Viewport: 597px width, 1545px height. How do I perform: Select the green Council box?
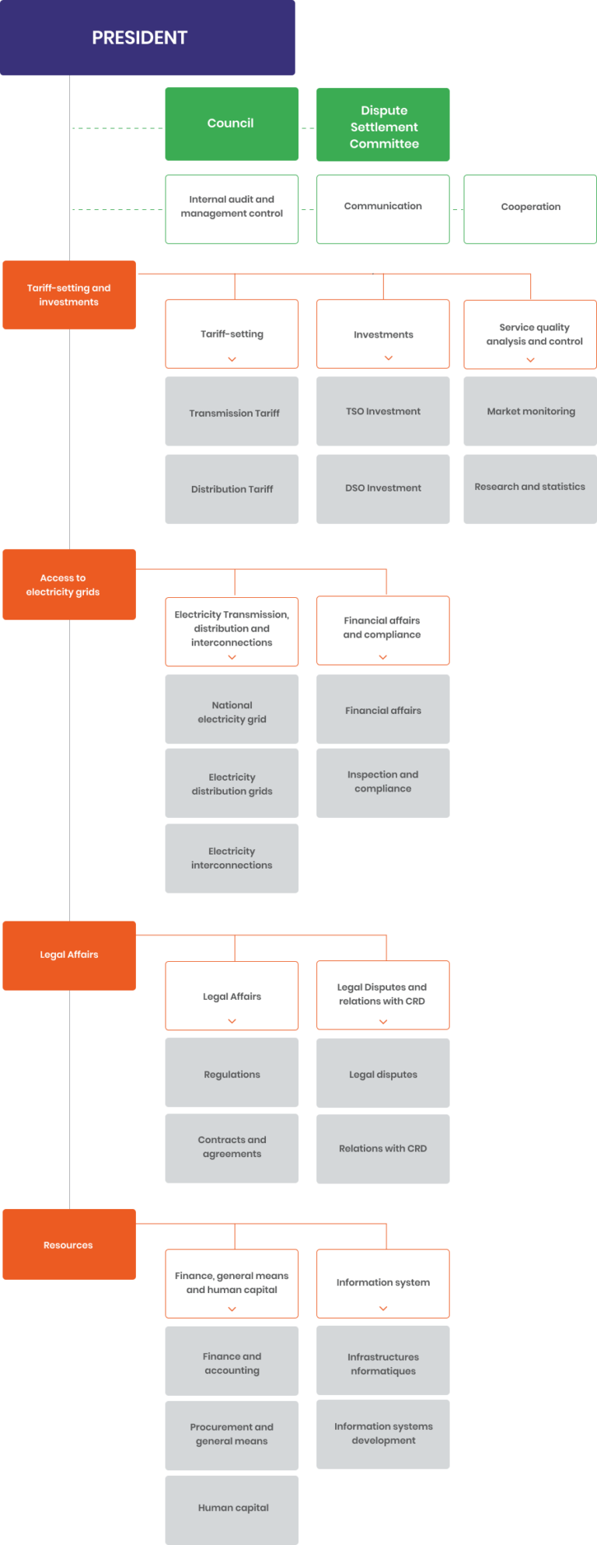point(232,124)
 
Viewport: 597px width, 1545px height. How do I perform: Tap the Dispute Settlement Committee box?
point(383,125)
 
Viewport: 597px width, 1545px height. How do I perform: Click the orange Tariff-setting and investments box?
point(69,295)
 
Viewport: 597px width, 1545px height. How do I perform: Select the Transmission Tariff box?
point(232,411)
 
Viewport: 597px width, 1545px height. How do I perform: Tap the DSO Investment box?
point(383,488)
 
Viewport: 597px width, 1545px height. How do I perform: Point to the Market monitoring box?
point(530,411)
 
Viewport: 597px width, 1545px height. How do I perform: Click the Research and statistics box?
point(530,488)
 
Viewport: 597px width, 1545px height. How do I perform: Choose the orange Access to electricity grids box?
point(69,585)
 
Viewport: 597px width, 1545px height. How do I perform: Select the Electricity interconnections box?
point(232,858)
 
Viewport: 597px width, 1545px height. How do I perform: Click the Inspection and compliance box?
point(383,782)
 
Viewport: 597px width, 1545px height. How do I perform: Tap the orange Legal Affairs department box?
point(69,955)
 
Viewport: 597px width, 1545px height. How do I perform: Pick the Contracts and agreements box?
point(232,1148)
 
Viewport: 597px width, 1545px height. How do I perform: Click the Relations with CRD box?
point(383,1148)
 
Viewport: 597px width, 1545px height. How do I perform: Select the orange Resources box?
point(69,1244)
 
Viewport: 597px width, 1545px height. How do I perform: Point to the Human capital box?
point(232,1508)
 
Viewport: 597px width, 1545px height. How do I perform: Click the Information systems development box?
point(383,1434)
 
